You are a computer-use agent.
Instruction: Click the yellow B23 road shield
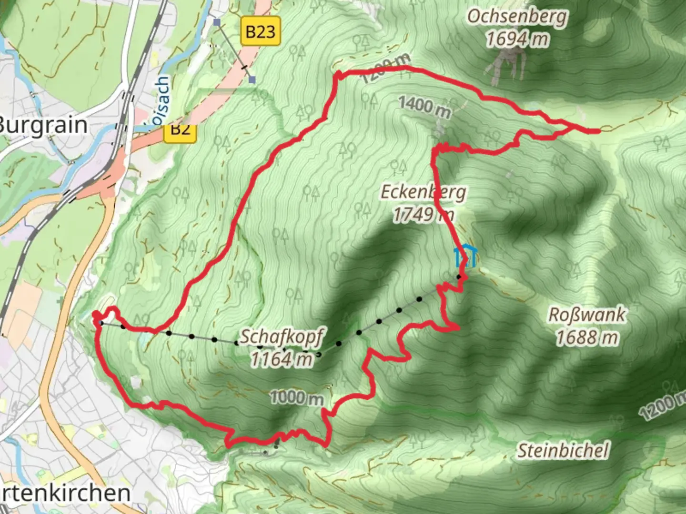click(260, 31)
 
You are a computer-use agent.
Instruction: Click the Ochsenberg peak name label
click(517, 17)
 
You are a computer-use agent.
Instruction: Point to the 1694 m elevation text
click(517, 39)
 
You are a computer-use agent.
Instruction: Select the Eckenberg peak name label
click(423, 192)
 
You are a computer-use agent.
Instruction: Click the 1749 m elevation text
click(423, 215)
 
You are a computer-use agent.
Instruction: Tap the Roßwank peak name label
click(587, 315)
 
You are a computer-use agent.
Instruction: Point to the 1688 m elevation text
click(587, 337)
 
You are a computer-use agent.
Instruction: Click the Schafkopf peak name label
click(281, 336)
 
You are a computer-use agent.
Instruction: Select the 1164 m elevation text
click(281, 358)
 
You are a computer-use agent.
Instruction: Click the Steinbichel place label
click(563, 450)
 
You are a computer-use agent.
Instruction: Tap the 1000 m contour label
click(296, 397)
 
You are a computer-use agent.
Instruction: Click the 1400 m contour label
click(424, 106)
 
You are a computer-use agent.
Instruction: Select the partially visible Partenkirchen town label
click(64, 493)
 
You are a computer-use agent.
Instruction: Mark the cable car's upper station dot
click(459, 277)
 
